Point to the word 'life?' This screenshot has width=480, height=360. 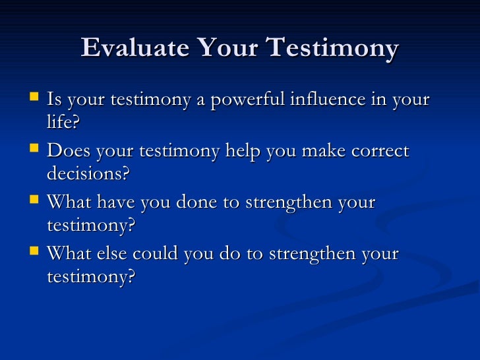pyautogui.click(x=63, y=123)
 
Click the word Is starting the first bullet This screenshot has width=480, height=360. pyautogui.click(x=55, y=100)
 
